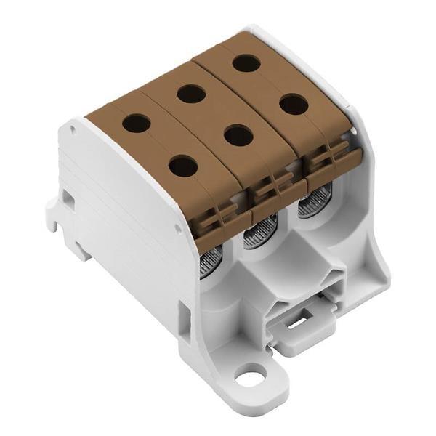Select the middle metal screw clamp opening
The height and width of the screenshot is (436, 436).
point(256,233)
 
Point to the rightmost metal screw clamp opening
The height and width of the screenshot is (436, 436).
point(315,200)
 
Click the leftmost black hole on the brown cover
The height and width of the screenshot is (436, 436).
point(137,122)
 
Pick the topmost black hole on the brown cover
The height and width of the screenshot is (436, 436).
point(246,62)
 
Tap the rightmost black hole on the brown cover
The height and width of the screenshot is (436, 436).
point(294,105)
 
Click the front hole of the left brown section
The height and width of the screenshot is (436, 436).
point(183,166)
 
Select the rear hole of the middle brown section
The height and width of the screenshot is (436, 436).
point(191,93)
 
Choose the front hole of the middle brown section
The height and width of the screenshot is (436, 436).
point(238,135)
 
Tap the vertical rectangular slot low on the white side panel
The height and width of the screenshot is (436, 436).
point(185,317)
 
